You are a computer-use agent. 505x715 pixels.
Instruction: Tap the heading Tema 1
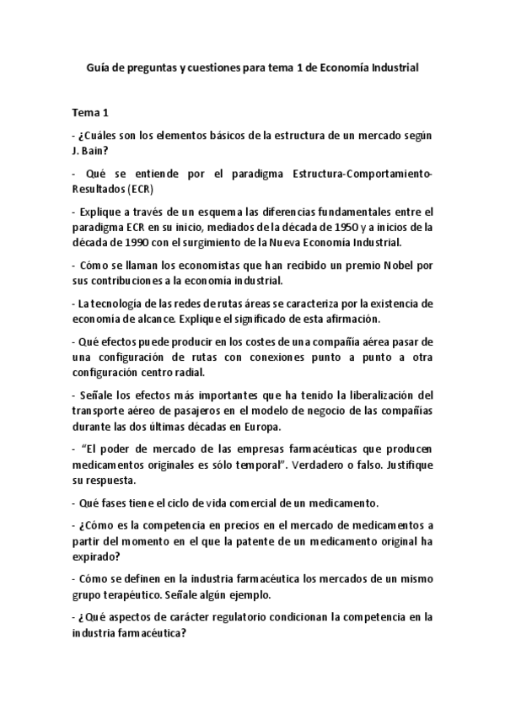(90, 111)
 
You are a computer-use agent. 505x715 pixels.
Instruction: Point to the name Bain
(92, 151)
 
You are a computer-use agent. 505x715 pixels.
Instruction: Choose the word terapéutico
(132, 594)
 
